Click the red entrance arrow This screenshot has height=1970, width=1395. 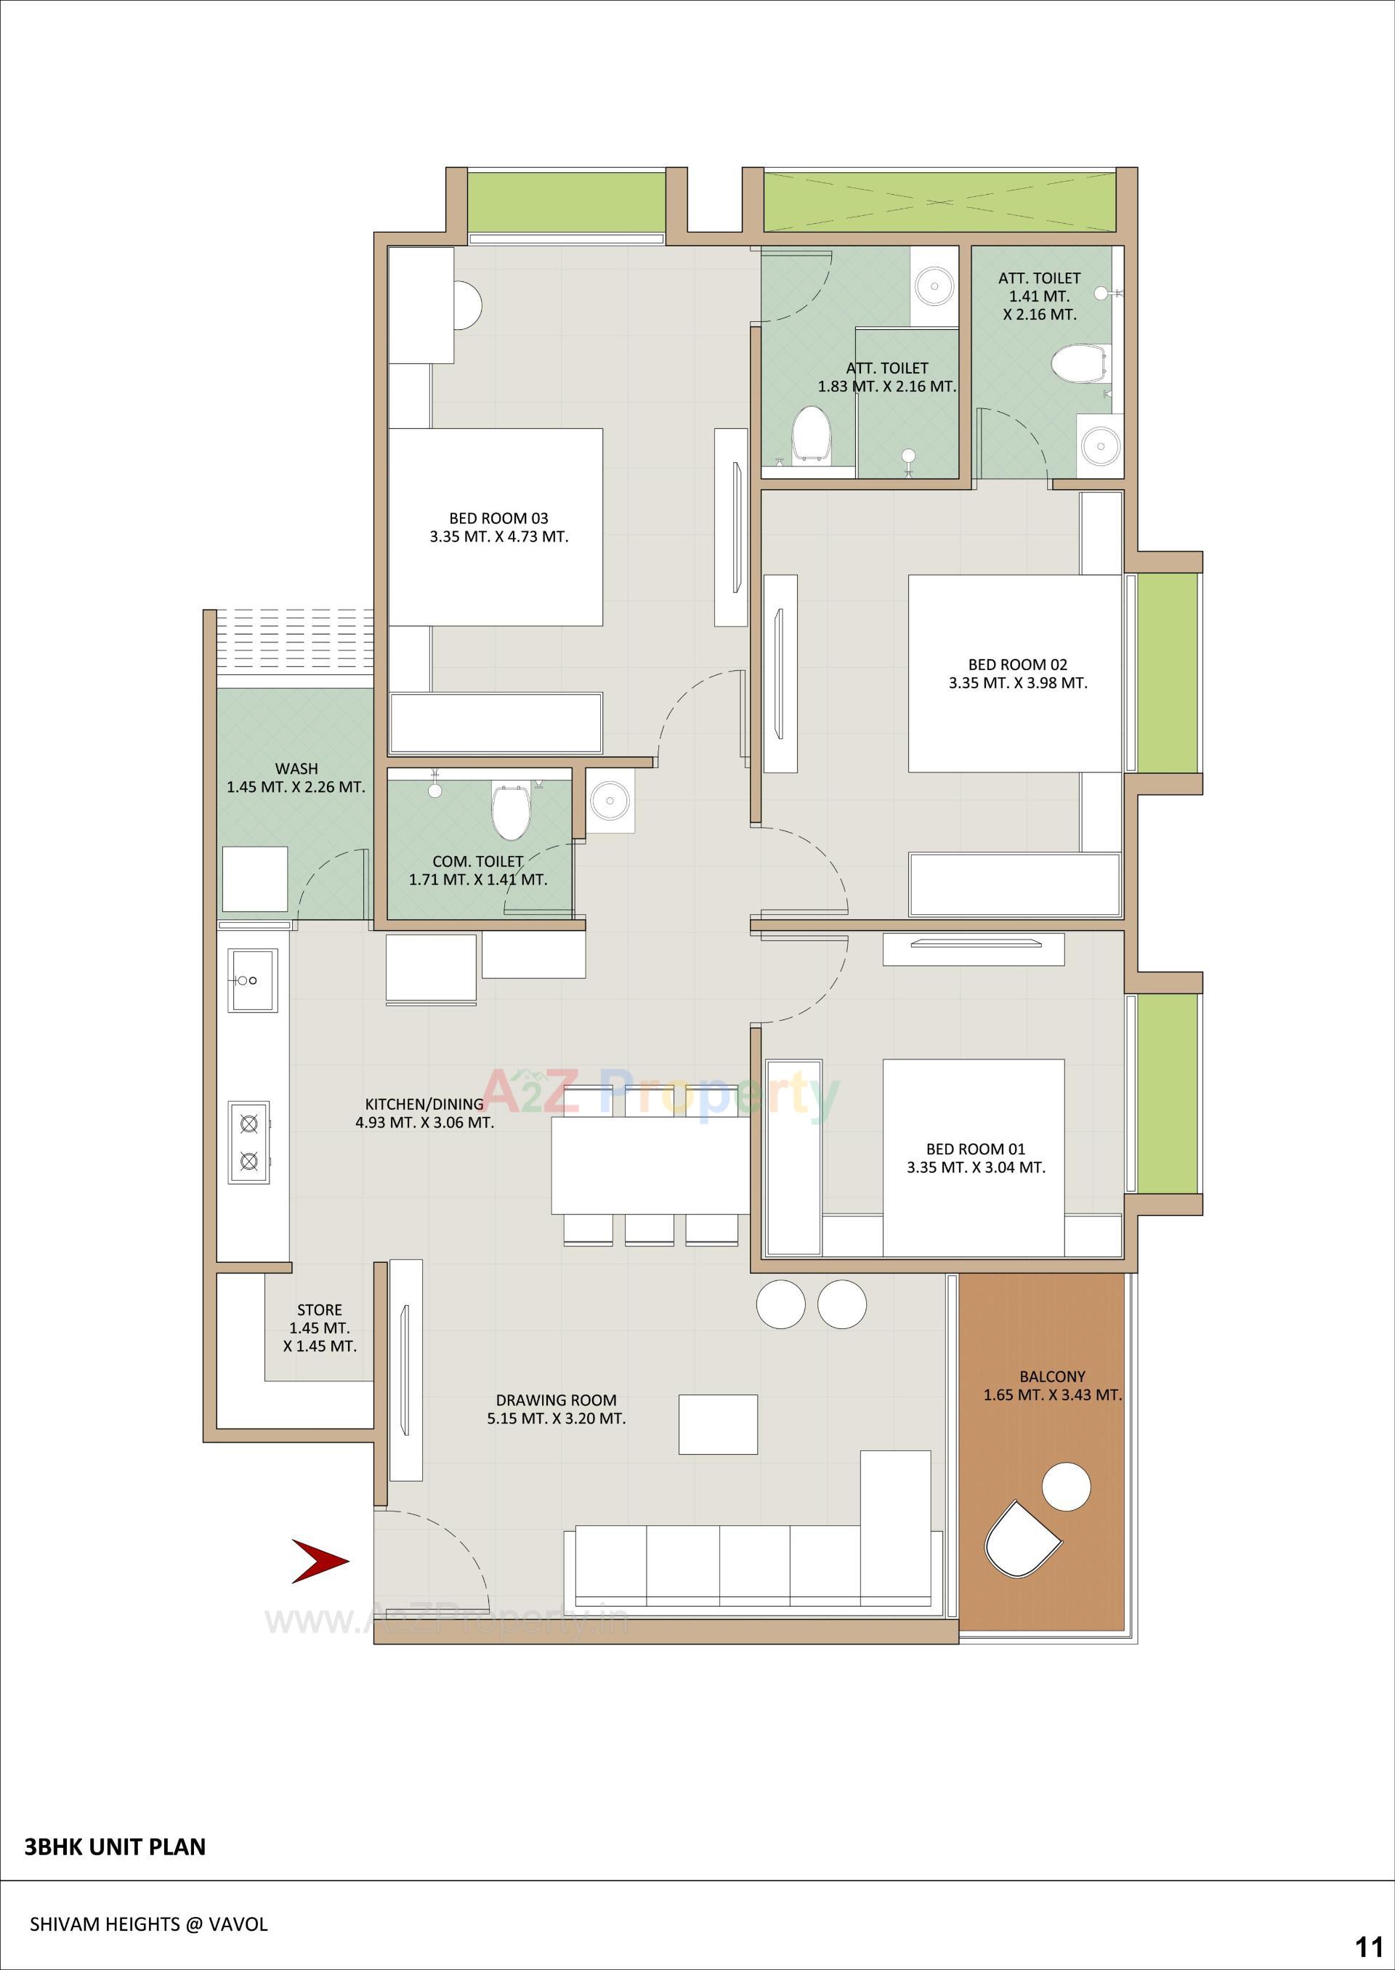320,1561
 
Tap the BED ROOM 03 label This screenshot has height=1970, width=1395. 498,518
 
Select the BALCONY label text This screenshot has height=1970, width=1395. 1052,1376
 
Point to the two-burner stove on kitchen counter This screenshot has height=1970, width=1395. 249,1142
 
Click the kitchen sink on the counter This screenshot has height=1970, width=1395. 251,980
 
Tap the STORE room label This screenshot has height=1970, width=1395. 320,1309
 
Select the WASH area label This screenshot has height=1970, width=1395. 296,768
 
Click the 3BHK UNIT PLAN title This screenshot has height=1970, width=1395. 115,1847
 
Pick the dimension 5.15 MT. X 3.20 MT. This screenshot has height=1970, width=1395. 556,1418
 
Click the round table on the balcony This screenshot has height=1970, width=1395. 1066,1486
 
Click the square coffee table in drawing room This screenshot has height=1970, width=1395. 717,1424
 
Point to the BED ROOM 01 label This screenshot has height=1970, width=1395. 975,1149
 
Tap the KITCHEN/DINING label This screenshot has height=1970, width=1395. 424,1104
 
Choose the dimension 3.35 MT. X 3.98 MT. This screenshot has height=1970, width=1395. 1018,683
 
